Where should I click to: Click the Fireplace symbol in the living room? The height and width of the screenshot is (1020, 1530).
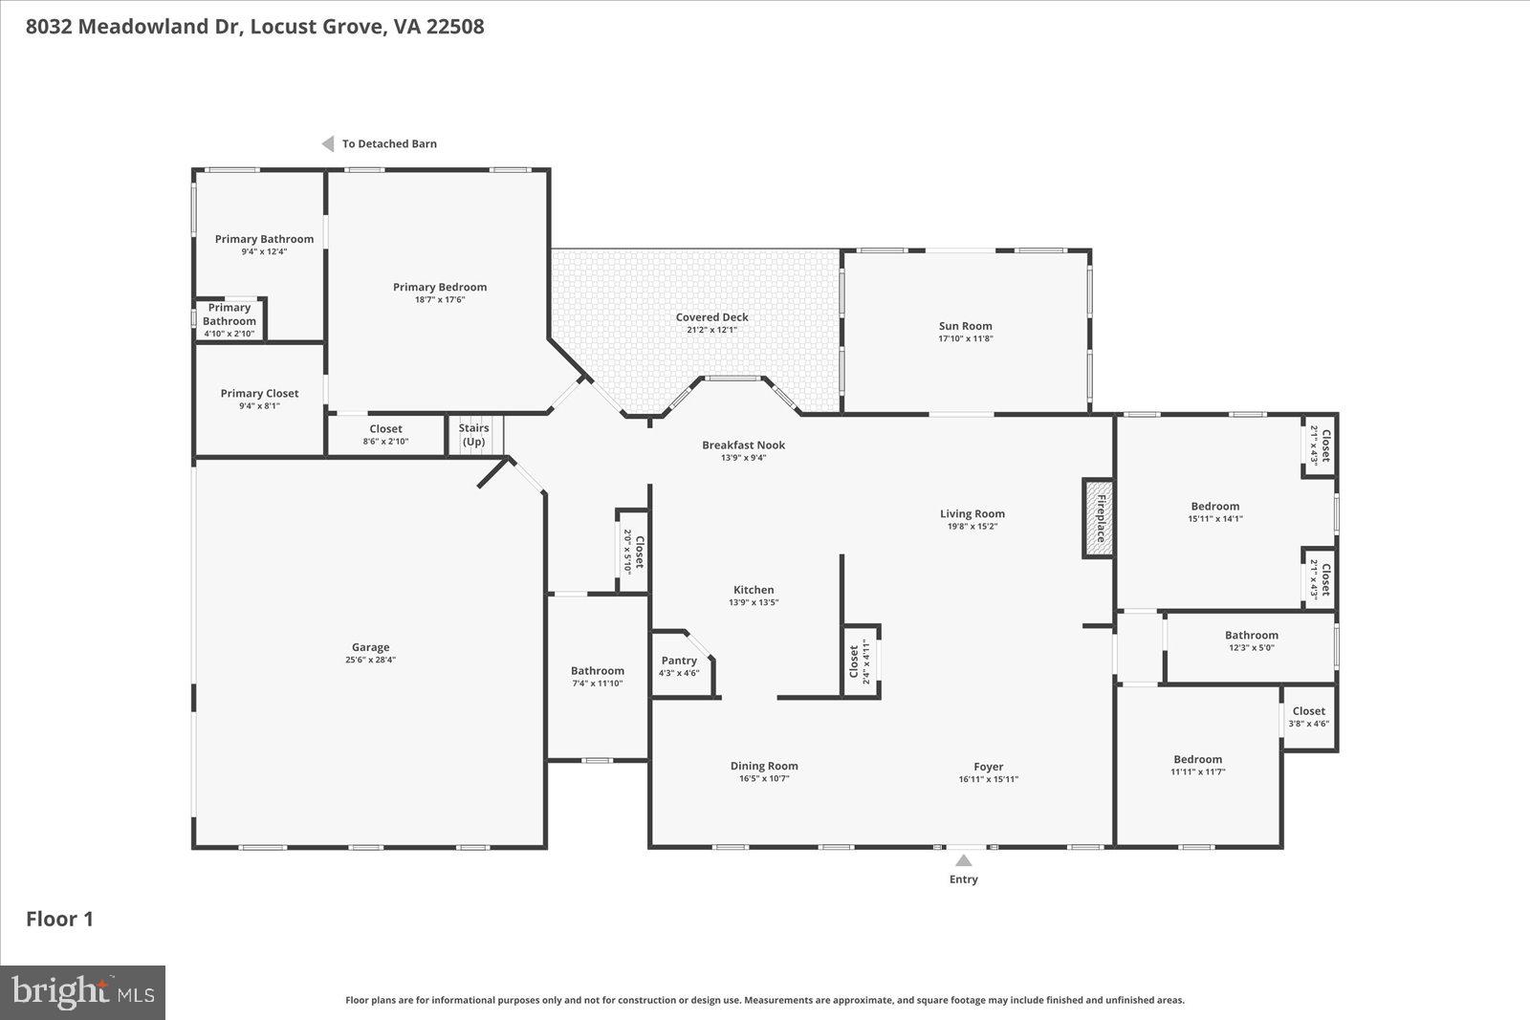point(1099,518)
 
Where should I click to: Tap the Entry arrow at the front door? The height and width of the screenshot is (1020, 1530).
point(964,861)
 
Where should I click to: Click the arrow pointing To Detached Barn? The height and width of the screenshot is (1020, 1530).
point(327,143)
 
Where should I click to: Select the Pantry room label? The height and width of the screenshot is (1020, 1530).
point(679,661)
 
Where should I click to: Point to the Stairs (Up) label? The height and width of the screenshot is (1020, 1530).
point(473,435)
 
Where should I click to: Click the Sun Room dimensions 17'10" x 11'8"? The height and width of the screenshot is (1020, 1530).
point(965,338)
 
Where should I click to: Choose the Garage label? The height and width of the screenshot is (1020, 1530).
point(370,647)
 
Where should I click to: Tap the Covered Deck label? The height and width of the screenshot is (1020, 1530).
point(711,317)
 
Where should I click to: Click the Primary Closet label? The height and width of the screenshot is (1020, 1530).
point(259,393)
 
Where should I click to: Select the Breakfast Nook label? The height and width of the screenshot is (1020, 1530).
point(743,445)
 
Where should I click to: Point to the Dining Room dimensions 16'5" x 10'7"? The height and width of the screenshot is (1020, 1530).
point(763,779)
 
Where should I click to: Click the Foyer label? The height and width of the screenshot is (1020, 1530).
point(988,767)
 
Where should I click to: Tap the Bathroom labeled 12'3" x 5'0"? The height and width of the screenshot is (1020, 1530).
point(1251,635)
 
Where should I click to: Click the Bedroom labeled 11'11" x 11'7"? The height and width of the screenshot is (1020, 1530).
point(1197,759)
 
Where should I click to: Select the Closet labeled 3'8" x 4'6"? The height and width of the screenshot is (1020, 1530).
point(1308,711)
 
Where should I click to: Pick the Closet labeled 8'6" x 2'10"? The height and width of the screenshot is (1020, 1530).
point(385,429)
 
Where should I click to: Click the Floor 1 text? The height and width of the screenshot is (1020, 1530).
point(59,920)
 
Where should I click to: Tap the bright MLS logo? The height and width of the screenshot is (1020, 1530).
point(83,992)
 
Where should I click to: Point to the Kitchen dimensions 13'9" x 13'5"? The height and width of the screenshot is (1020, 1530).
point(754,602)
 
